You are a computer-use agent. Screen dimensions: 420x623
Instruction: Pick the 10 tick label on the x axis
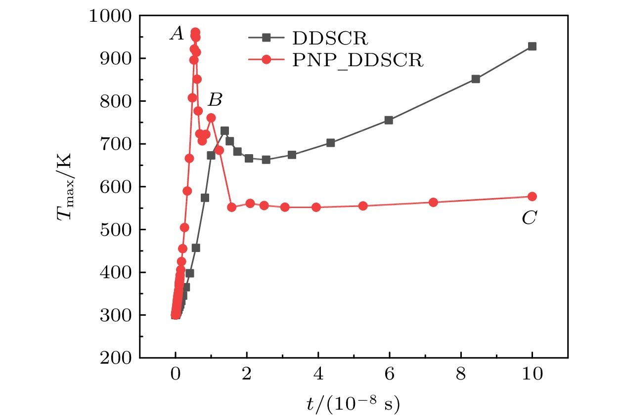point(532,376)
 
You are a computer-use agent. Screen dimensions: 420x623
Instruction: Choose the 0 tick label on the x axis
point(176,376)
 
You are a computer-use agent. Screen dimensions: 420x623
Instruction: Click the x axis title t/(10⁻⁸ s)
point(353,404)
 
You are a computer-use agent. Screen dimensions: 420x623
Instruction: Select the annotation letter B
point(215,100)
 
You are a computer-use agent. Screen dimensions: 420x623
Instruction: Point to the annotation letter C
point(529,218)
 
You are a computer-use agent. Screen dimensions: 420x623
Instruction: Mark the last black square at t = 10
point(532,46)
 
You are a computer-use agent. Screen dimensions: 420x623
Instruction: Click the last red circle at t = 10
point(532,196)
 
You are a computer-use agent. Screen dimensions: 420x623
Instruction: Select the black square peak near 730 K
point(224,131)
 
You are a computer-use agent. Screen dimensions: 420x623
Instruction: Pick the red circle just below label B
point(211,118)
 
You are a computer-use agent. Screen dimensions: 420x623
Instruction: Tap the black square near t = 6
point(389,120)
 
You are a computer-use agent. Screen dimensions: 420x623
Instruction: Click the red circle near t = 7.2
point(433,202)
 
